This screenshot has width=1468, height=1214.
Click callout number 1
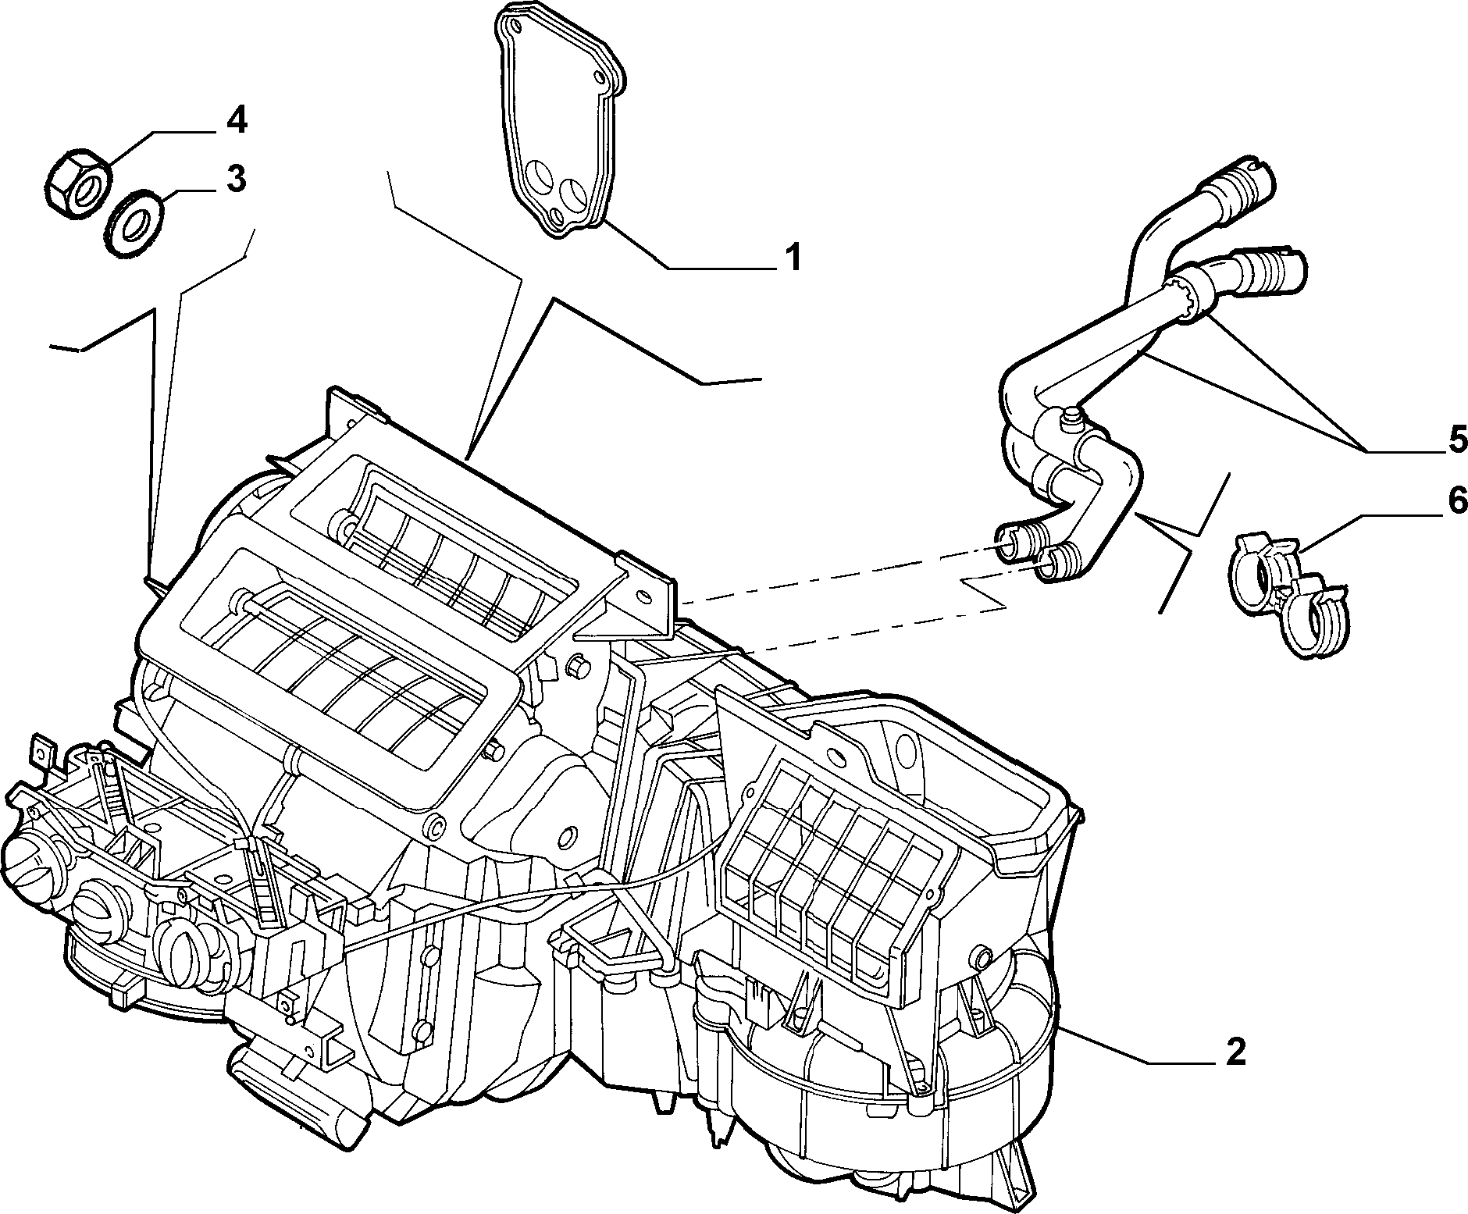pyautogui.click(x=792, y=256)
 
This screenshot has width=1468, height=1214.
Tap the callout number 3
pyautogui.click(x=236, y=179)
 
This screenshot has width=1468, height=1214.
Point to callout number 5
pyautogui.click(x=1456, y=440)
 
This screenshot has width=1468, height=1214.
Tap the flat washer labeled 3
pyautogui.click(x=134, y=223)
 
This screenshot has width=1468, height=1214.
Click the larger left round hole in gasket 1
pyautogui.click(x=536, y=176)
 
